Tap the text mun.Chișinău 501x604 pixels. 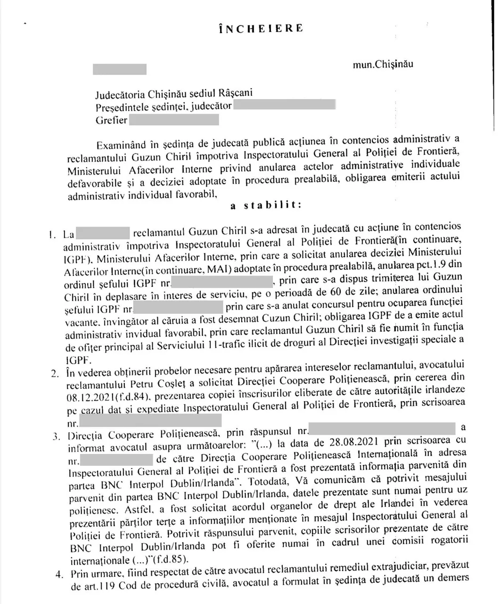[383, 64]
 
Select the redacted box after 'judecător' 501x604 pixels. [284, 105]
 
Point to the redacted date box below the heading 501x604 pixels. [120, 69]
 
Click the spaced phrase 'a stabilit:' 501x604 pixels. [266, 205]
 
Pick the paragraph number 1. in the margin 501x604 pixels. [52, 234]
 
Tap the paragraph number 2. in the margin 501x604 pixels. [55, 374]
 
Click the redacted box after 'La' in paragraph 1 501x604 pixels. [103, 233]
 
